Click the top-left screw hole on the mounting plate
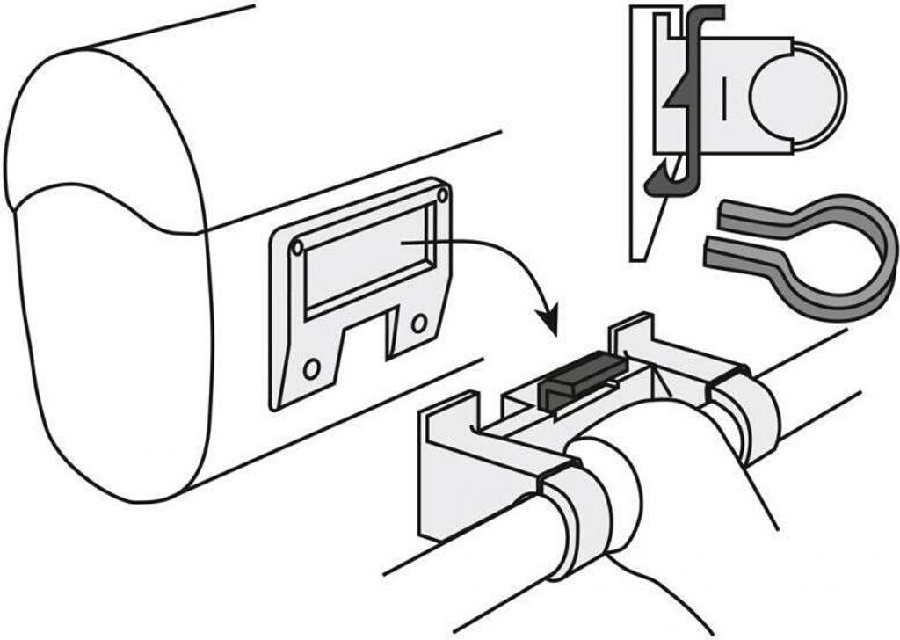click(297, 248)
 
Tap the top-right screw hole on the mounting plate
click(442, 193)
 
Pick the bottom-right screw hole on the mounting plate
click(419, 324)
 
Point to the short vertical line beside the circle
click(722, 98)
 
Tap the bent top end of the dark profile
click(708, 12)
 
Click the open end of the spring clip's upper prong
click(726, 211)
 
